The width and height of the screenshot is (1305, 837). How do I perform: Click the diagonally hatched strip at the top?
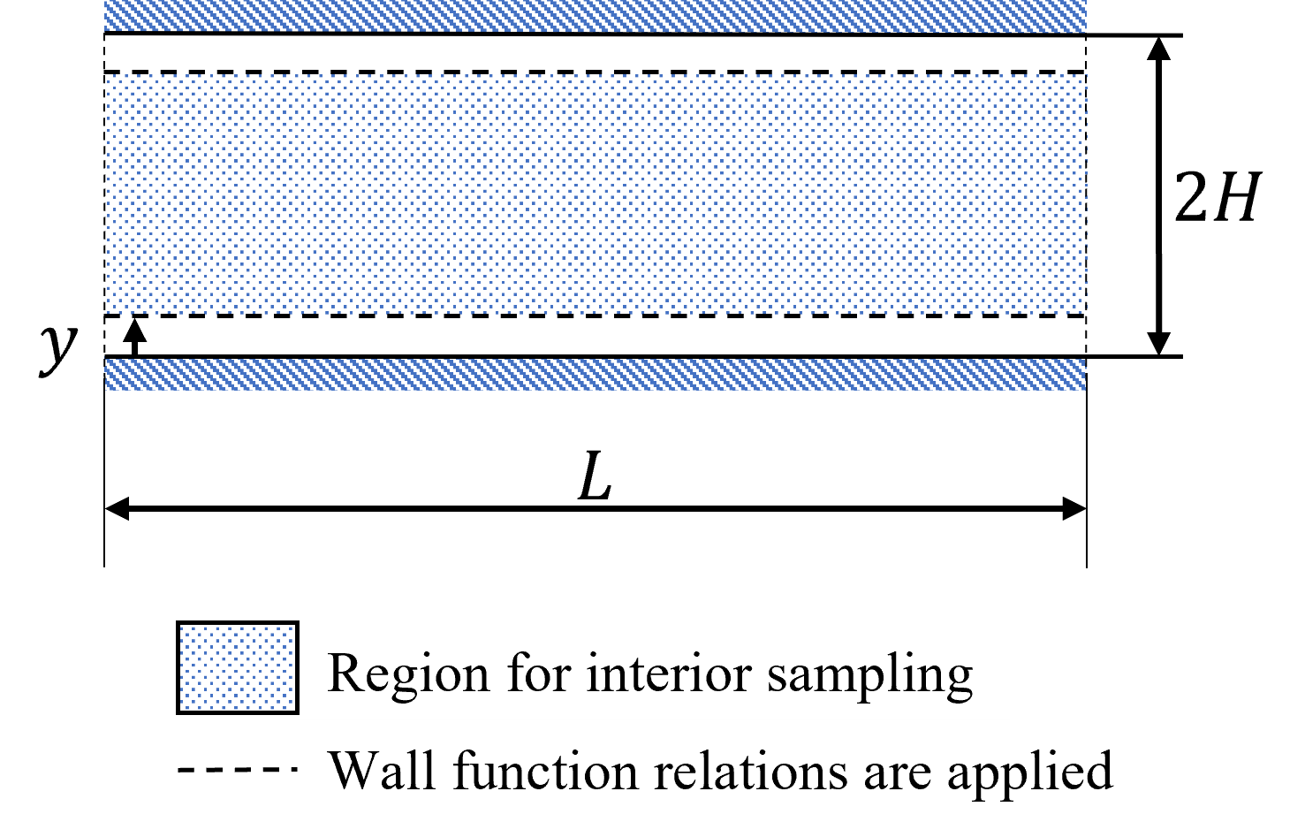(595, 16)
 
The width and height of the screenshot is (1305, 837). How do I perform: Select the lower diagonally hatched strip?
(595, 374)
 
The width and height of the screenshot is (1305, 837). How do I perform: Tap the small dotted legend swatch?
(238, 667)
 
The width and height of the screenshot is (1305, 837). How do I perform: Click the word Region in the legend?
(407, 673)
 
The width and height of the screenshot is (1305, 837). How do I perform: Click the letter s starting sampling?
(777, 676)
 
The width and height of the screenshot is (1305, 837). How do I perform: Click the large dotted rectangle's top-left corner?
(106, 76)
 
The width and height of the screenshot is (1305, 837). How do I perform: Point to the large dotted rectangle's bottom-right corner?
(1086, 313)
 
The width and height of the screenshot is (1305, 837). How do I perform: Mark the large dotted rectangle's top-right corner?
(1086, 76)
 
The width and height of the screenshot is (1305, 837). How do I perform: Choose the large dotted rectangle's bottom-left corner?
(106, 313)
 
